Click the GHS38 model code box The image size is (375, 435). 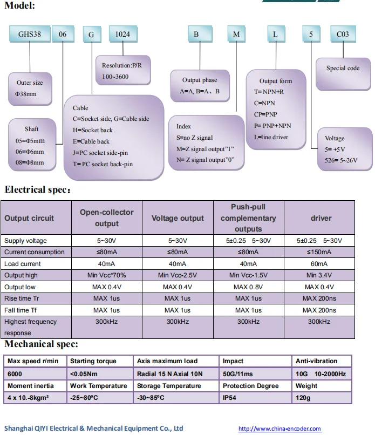tap(28, 34)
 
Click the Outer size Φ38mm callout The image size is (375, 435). tap(30, 89)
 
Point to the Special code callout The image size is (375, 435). tap(343, 69)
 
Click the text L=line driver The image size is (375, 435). tap(271, 137)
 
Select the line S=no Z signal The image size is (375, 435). tap(195, 138)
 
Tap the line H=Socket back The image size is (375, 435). tap(93, 130)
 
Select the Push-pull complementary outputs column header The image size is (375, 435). tap(248, 218)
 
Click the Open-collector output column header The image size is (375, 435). tap(107, 218)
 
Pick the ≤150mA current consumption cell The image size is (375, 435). tap(319, 252)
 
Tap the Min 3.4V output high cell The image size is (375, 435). tap(319, 275)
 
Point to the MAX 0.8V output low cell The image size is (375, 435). tap(248, 287)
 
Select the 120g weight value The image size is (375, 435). tap(304, 398)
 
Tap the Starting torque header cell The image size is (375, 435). tap(93, 361)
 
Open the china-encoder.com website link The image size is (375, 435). tap(279, 429)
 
